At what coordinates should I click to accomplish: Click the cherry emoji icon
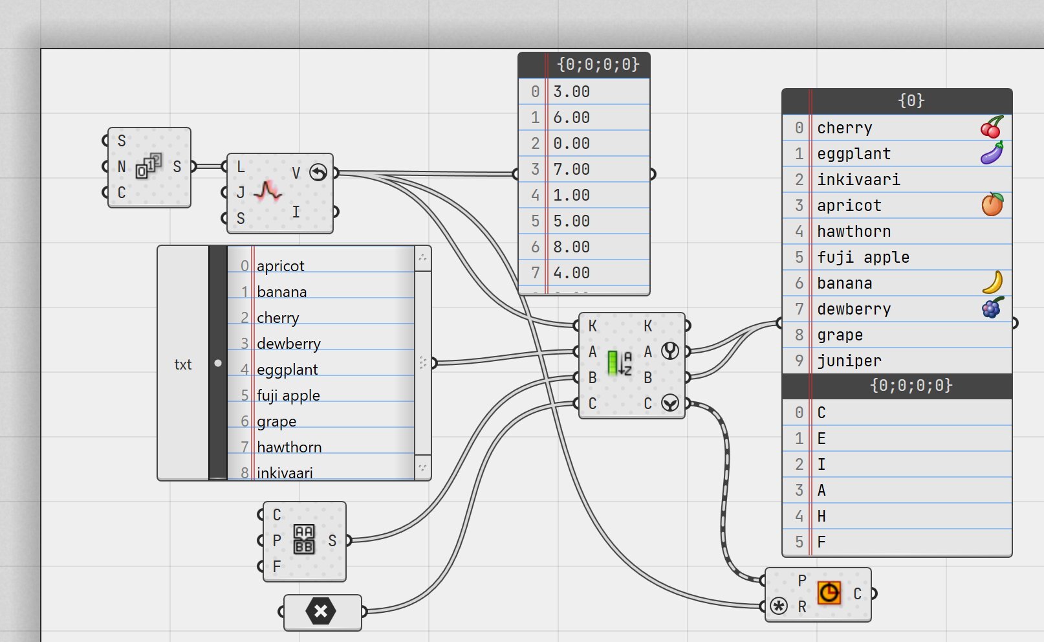point(992,127)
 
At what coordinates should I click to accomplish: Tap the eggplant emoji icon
point(992,153)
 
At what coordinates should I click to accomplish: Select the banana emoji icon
point(993,283)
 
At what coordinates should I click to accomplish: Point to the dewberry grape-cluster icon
point(993,307)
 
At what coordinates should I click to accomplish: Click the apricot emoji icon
point(992,205)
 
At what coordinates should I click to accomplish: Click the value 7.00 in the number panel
point(571,170)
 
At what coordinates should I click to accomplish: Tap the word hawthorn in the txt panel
point(289,447)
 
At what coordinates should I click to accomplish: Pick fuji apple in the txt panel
point(288,396)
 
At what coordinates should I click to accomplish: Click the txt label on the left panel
point(182,364)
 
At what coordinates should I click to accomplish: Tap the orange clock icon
point(829,593)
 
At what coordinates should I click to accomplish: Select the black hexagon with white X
point(321,611)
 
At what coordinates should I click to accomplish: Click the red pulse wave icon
point(268,190)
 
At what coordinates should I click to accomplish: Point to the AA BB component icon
point(304,540)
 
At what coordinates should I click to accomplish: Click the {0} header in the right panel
point(911,101)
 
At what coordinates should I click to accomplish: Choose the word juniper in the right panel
point(849,361)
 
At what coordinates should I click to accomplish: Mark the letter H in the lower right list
point(821,516)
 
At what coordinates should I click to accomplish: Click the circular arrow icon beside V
point(318,173)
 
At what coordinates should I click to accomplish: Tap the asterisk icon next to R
point(779,606)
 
